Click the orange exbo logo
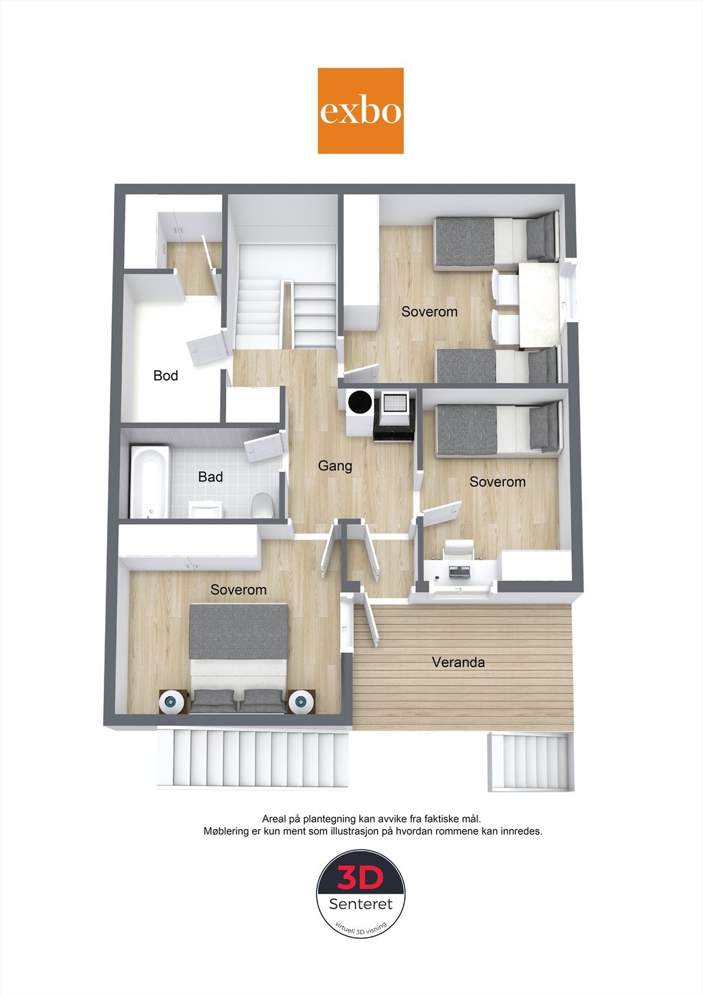[361, 111]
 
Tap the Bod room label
[166, 376]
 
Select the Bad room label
[211, 477]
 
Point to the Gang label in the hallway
[335, 465]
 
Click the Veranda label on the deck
[459, 662]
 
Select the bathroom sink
[206, 509]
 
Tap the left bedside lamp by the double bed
[172, 702]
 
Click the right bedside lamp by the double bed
[301, 702]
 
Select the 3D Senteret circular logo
[361, 894]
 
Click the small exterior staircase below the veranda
[530, 762]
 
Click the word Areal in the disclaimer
[274, 819]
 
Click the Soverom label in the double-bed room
[238, 590]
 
